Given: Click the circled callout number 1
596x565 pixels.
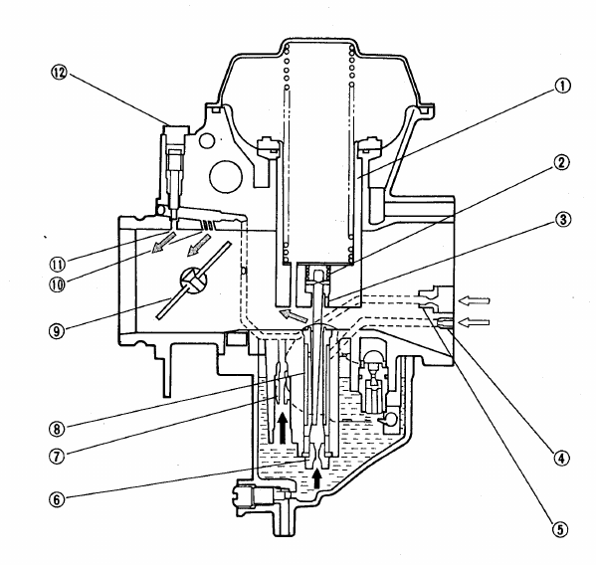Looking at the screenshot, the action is click(562, 86).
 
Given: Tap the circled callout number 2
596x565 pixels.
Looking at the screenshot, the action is click(561, 162).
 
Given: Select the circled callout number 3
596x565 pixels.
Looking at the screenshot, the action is click(563, 220).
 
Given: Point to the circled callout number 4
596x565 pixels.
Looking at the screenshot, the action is click(561, 459).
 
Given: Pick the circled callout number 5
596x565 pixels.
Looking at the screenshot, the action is click(560, 529).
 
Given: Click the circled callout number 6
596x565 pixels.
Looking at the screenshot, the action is click(57, 499).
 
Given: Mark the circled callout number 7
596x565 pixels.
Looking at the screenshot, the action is click(57, 456).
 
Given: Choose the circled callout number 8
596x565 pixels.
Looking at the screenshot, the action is click(57, 429).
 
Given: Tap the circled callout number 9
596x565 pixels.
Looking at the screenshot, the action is click(57, 331).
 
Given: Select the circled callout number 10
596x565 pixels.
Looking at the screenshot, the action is click(57, 283).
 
